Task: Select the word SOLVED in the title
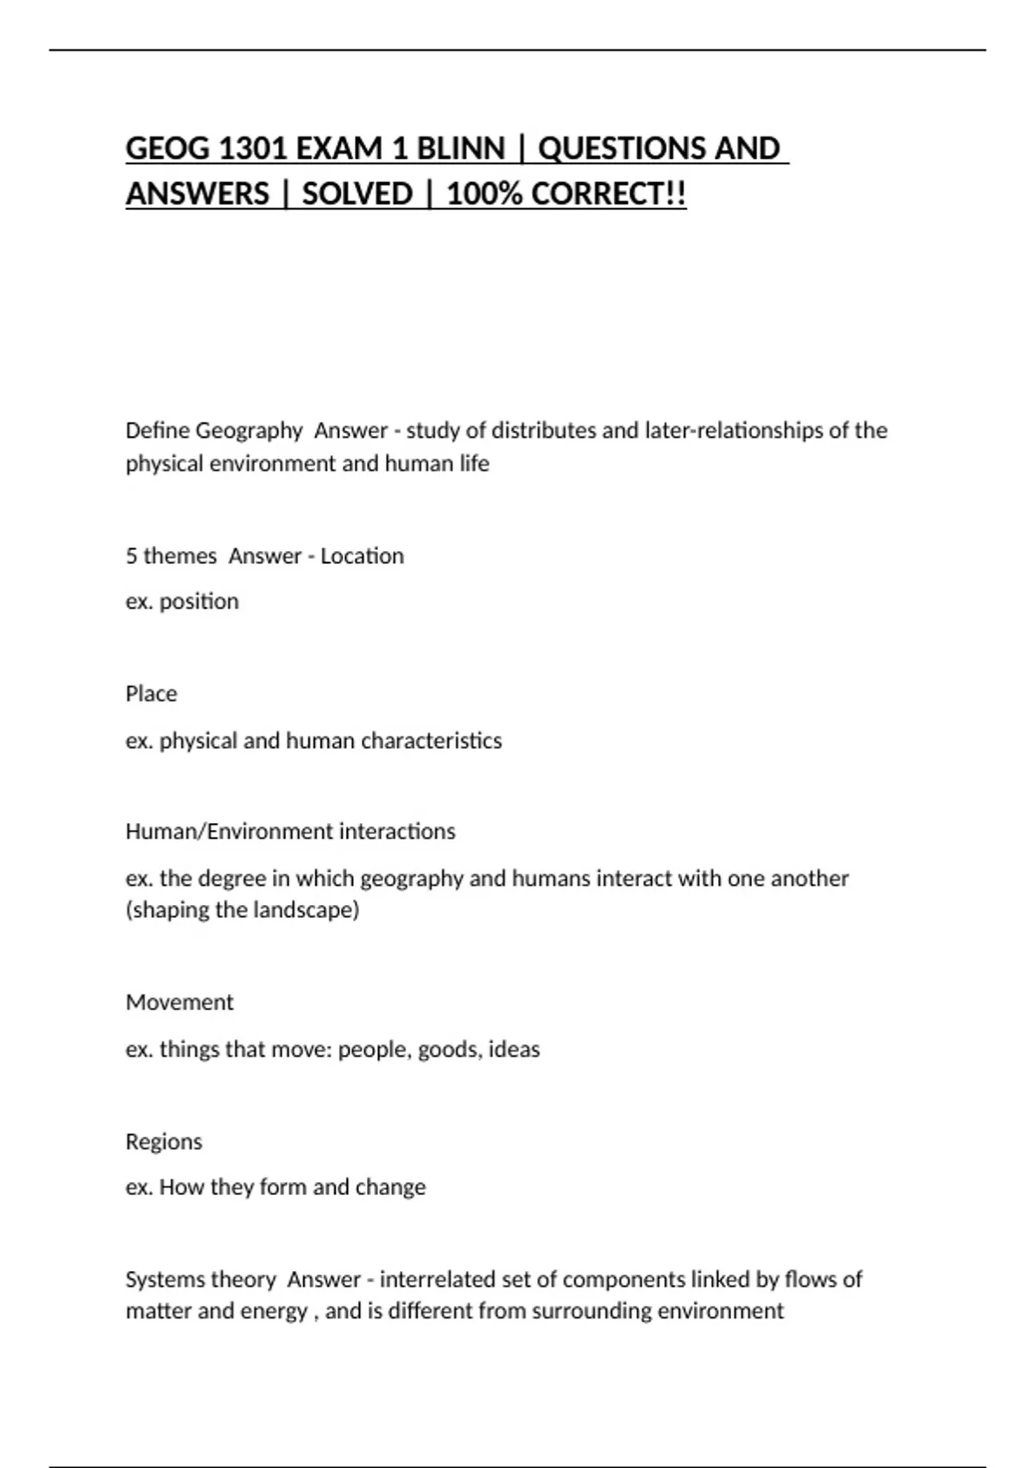point(357,194)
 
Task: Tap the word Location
point(362,556)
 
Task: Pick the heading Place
point(151,694)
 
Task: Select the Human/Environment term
point(229,832)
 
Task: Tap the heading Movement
point(180,1003)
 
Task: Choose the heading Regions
point(164,1142)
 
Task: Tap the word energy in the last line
point(274,1312)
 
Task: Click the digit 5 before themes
point(131,556)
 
